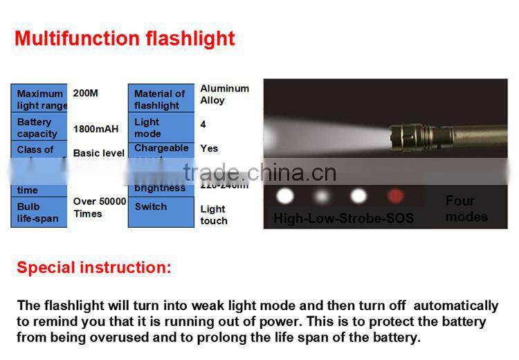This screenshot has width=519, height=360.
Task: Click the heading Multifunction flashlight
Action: (x=125, y=38)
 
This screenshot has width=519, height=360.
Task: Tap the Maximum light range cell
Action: (x=39, y=99)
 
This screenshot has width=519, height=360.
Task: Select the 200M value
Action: (x=86, y=93)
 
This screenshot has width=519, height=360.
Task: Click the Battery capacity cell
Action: (x=39, y=127)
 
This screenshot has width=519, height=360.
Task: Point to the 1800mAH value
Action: (x=95, y=129)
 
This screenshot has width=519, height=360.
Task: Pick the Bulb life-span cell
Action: (x=39, y=213)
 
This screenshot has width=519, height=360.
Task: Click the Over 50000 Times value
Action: (x=100, y=208)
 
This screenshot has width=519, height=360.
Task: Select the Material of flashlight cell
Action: (x=161, y=99)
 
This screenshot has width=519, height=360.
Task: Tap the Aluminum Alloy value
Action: (x=224, y=94)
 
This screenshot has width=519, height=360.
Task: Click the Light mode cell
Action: (x=161, y=127)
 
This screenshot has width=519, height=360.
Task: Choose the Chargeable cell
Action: (x=161, y=148)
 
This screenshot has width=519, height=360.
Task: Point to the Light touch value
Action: (x=214, y=215)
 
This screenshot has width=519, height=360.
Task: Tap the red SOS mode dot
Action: (x=395, y=196)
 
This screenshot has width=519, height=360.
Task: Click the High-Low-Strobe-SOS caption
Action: (x=344, y=219)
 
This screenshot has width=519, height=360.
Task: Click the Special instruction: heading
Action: (x=93, y=267)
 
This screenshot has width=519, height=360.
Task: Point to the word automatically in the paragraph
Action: (x=455, y=305)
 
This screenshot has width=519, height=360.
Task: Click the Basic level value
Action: (x=99, y=153)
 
